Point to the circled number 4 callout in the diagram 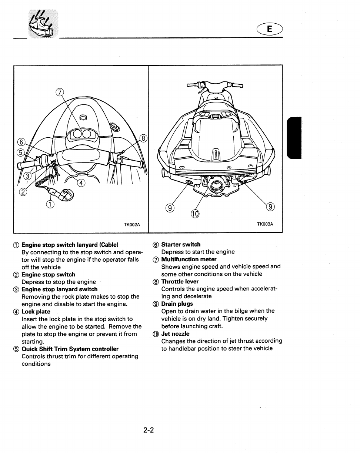coord(81,183)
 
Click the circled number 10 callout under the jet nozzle coord(195,214)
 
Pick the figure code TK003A coord(265,224)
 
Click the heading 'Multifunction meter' coord(189,259)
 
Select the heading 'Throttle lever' coord(180,282)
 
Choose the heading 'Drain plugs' coord(177,304)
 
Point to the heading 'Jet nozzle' coord(175,334)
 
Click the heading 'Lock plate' coord(36,312)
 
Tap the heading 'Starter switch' coord(181,244)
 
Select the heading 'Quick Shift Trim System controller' coord(70,349)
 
